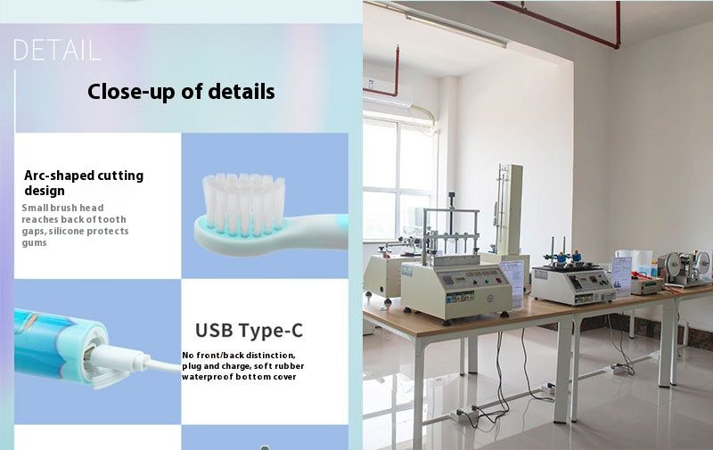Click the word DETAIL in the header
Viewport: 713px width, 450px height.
56,50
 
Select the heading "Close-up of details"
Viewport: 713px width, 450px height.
181,92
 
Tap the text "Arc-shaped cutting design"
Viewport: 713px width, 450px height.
84,183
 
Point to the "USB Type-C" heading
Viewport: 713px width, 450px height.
249,331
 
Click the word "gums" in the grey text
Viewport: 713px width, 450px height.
34,242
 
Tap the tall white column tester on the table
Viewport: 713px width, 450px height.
509,214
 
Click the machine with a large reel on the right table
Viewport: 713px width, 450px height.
685,268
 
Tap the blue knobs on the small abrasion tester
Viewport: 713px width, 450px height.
569,257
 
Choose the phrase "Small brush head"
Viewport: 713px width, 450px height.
62,208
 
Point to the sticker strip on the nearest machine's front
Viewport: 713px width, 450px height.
460,298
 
